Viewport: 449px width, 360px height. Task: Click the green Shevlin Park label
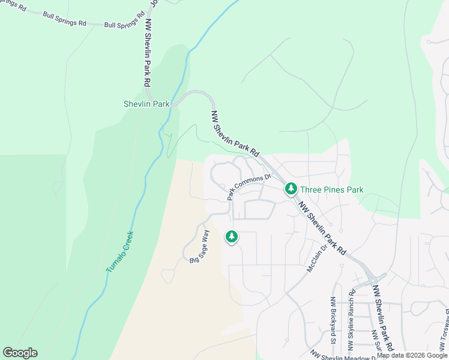(x=146, y=104)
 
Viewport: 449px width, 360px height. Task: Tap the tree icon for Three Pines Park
(x=291, y=190)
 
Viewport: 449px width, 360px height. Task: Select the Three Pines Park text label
(x=331, y=190)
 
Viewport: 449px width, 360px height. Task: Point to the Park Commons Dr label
(x=249, y=187)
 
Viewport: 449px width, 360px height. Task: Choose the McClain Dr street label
(x=316, y=257)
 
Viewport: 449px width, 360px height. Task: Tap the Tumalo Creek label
(x=119, y=253)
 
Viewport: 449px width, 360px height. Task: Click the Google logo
(x=20, y=353)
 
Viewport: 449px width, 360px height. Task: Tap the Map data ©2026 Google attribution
(x=412, y=356)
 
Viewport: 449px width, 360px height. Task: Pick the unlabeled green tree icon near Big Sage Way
(x=232, y=237)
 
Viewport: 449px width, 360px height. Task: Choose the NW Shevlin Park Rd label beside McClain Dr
(x=323, y=228)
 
